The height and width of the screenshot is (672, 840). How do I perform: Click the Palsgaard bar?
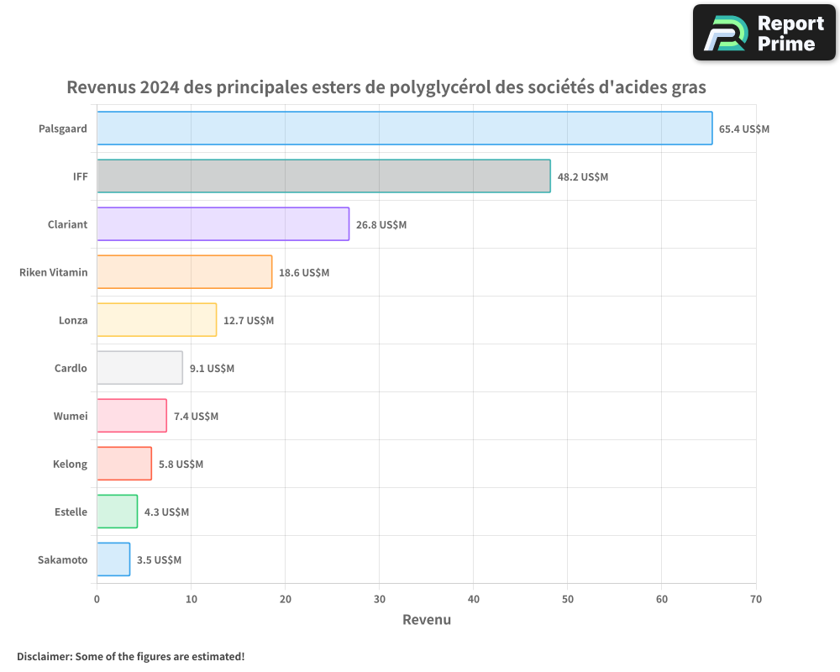[x=404, y=129]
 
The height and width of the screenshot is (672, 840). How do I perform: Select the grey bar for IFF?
[x=323, y=176]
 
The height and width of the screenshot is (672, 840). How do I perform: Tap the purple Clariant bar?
[x=223, y=224]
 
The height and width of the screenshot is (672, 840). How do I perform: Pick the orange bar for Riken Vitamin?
[x=184, y=272]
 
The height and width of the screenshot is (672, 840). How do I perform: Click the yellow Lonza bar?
[x=156, y=320]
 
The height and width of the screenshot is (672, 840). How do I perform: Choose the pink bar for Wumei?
[x=132, y=416]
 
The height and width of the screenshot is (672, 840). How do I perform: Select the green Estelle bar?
[x=117, y=512]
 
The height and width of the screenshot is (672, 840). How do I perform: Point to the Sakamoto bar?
[x=113, y=559]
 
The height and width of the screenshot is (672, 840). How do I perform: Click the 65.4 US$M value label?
[x=744, y=129]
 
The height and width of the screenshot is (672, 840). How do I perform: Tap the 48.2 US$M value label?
[x=583, y=177]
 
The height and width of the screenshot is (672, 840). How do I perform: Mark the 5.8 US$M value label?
[x=181, y=465]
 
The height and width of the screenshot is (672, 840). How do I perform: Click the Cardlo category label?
[x=71, y=368]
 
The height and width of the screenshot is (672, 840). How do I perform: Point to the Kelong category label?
[x=70, y=464]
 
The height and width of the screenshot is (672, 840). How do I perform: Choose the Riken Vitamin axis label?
[x=54, y=272]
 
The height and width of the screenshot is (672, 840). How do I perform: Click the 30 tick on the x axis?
[x=380, y=599]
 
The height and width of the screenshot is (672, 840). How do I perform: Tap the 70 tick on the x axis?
[x=756, y=599]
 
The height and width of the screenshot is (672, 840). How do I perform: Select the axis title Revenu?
[x=427, y=620]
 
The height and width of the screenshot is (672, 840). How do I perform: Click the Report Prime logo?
[x=764, y=33]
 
